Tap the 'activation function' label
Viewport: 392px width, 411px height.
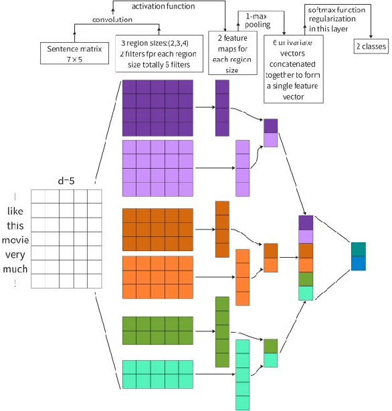(x=163, y=6)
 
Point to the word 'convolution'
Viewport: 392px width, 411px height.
(x=113, y=19)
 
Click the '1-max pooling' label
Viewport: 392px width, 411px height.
(x=258, y=19)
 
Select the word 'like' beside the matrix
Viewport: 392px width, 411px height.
(x=15, y=211)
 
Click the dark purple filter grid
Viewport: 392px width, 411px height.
(x=157, y=108)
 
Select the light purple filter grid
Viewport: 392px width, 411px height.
(x=157, y=168)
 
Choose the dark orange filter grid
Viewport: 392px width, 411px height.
(x=157, y=229)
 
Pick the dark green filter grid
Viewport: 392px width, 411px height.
(x=157, y=331)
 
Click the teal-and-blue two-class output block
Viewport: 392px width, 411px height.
(x=359, y=256)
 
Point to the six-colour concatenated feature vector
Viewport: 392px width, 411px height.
(x=305, y=258)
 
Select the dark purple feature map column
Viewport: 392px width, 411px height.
(x=222, y=108)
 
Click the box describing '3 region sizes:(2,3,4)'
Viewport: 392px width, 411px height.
(x=157, y=54)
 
